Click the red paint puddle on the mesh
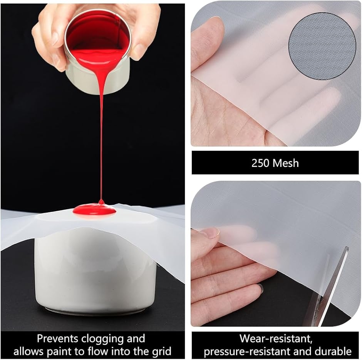tap(94, 209)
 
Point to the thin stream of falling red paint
tap(101, 138)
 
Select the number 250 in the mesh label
tap(260, 163)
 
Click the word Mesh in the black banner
tap(286, 163)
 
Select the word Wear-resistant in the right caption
tap(276, 338)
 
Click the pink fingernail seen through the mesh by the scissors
tap(213, 233)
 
